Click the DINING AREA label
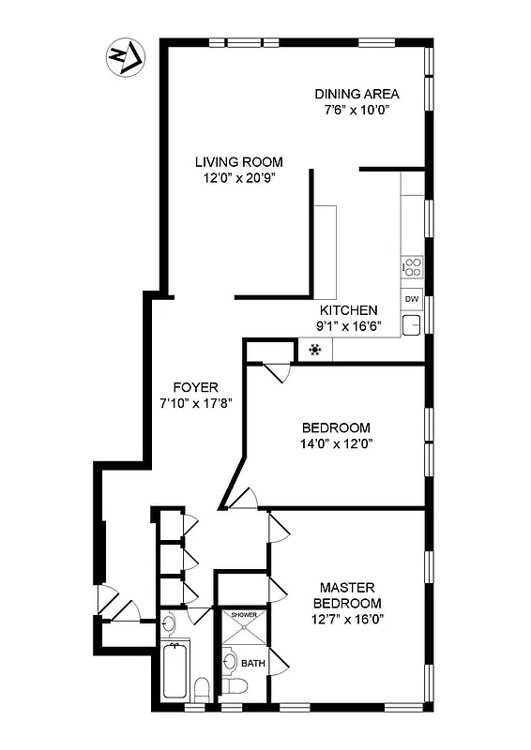coord(357,94)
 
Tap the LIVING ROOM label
coord(239,161)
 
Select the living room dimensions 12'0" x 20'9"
coord(239,176)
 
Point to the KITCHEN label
coord(349,310)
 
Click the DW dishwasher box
coord(412,299)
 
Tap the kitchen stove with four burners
coord(412,267)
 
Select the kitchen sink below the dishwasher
coord(412,325)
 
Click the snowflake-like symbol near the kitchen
coord(316,351)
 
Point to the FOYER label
coord(196,387)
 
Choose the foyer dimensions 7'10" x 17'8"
coord(196,402)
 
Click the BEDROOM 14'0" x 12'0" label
coord(337,427)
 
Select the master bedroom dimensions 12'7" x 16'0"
coord(347,618)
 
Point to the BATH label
coord(253,663)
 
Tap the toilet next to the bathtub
coord(202,690)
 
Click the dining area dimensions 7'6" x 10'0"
coord(357,109)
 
